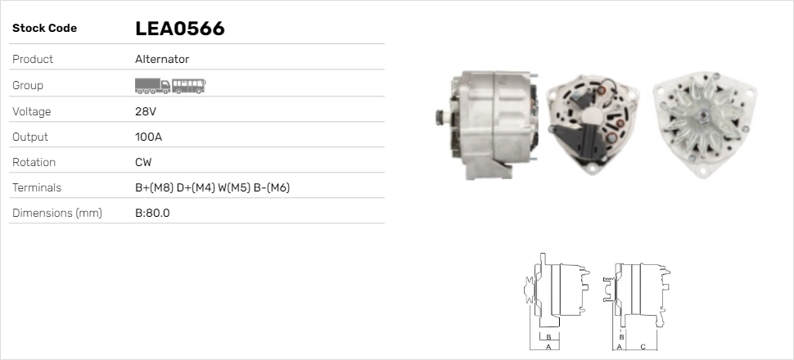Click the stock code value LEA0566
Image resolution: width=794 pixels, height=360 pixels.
[x=179, y=29]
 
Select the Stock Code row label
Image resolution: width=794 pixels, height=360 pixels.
[x=44, y=29]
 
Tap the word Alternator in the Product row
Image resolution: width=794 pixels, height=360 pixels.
[x=162, y=60]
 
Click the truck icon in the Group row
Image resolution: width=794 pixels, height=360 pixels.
[x=152, y=85]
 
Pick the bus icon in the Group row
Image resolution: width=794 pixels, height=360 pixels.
[x=189, y=85]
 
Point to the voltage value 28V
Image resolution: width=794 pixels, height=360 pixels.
[x=145, y=111]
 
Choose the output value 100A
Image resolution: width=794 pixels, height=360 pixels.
[x=148, y=137]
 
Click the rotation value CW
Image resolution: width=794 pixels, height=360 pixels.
[x=143, y=162]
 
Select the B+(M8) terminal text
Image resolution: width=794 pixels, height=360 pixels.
[x=154, y=187]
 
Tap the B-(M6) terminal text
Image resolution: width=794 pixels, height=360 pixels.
[x=273, y=187]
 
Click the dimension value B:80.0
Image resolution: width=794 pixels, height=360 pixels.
[x=152, y=214]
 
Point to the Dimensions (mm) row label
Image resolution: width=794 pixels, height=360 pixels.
[x=56, y=214]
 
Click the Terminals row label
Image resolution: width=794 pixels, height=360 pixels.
[x=37, y=187]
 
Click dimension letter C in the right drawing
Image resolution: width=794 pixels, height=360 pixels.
[x=643, y=347]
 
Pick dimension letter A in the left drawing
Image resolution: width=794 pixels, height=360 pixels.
[x=548, y=347]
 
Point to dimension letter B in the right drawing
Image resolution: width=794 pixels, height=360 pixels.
[x=622, y=336]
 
